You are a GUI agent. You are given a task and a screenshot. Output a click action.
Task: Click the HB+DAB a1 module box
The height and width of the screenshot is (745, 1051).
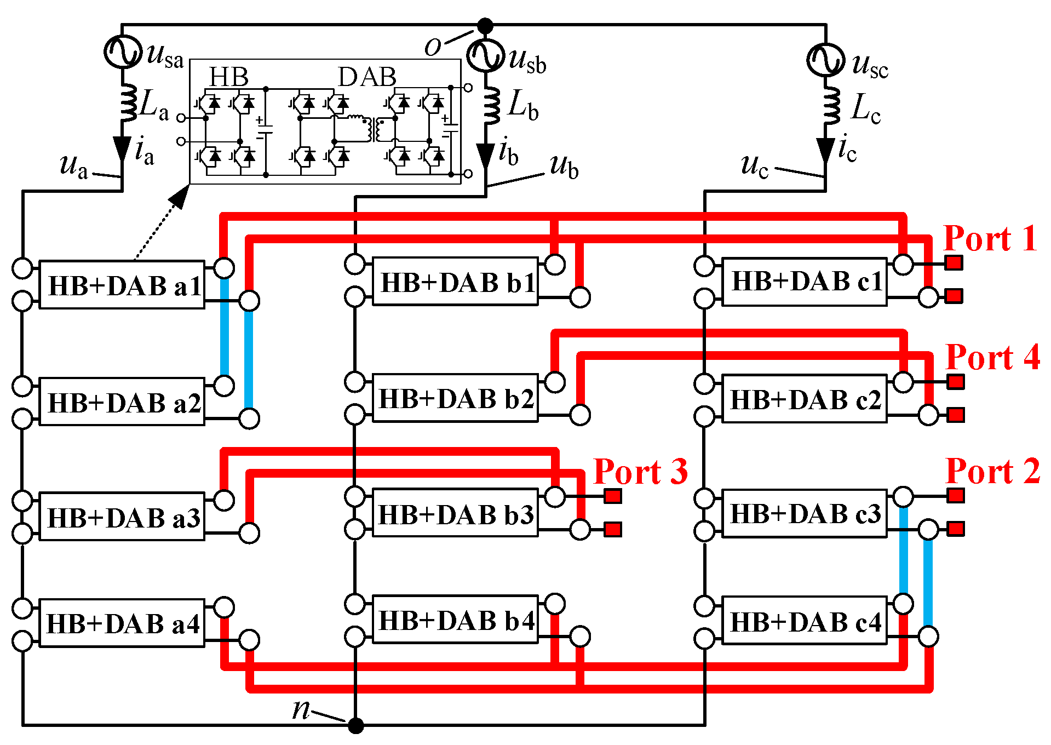(x=122, y=285)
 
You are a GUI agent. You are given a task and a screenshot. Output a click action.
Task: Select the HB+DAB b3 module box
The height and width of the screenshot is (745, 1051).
(x=455, y=514)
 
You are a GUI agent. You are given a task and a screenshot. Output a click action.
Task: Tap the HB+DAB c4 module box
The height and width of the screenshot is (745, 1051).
(x=805, y=621)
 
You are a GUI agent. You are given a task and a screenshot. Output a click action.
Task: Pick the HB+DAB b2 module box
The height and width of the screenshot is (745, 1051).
(x=455, y=398)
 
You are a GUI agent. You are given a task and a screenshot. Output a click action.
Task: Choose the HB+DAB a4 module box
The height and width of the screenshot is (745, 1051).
(x=122, y=623)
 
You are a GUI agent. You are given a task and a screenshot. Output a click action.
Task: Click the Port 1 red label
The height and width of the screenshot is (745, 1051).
(x=990, y=239)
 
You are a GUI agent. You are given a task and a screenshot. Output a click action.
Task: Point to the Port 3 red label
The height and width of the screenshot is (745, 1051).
(x=640, y=472)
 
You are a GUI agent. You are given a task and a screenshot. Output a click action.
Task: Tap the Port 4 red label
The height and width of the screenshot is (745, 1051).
(x=992, y=358)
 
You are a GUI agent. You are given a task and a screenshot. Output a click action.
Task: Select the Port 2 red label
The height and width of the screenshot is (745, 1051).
(x=992, y=471)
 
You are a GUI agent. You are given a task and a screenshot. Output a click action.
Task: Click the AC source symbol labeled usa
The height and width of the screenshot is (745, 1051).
(x=122, y=51)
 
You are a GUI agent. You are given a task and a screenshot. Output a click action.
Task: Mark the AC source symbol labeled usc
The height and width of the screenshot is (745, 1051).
(x=825, y=60)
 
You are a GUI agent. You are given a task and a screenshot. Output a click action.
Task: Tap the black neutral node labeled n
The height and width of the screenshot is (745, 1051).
(x=356, y=726)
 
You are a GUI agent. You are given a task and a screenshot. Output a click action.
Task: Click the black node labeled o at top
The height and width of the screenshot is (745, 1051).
(x=485, y=26)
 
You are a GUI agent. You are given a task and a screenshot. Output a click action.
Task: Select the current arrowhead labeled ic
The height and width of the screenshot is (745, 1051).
(x=825, y=151)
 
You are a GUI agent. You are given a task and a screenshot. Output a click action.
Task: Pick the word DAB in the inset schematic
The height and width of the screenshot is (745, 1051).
(x=367, y=77)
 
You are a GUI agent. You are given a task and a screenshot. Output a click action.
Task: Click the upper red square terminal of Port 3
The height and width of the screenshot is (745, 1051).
(x=613, y=496)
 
